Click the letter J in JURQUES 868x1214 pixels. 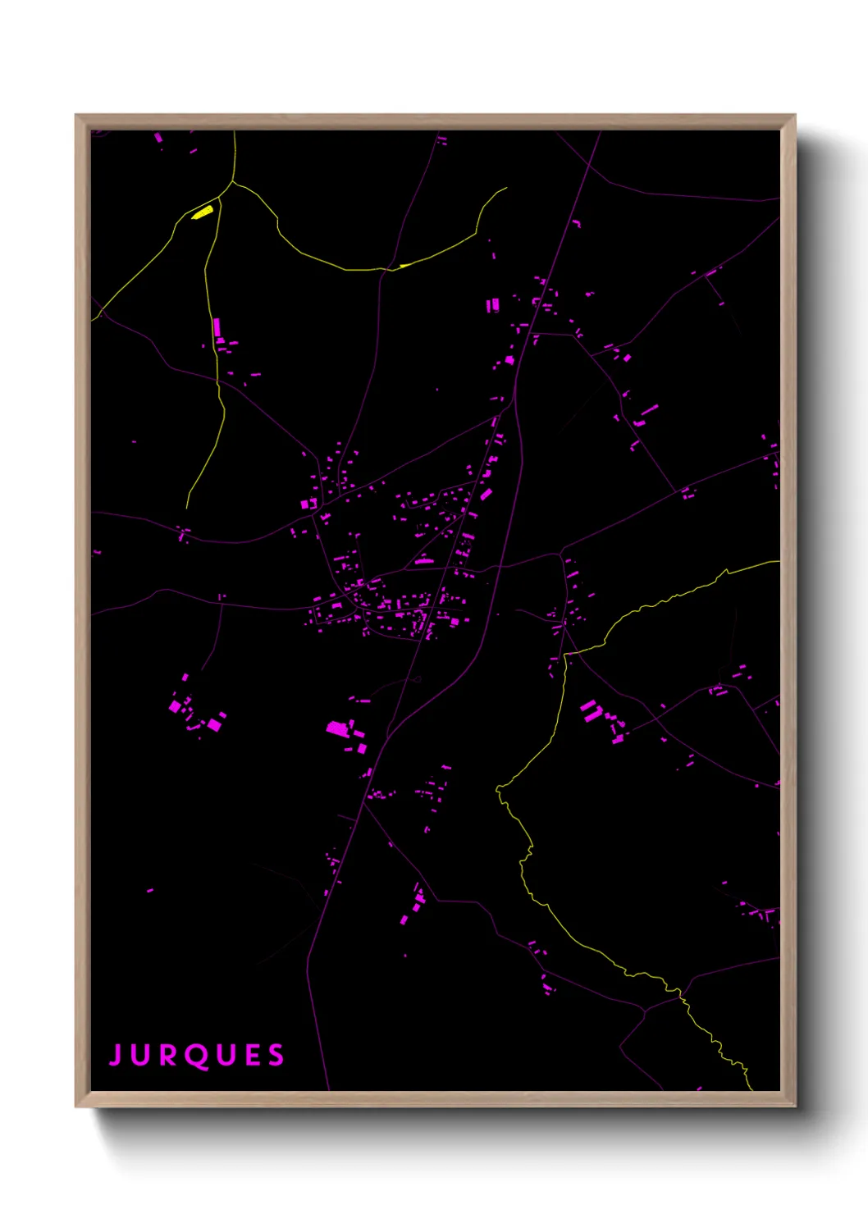click(116, 1055)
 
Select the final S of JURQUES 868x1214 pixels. click(276, 1055)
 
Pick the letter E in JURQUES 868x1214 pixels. click(252, 1055)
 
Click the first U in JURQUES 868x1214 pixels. click(141, 1055)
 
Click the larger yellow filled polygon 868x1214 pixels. click(203, 212)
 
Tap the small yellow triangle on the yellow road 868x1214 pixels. click(404, 265)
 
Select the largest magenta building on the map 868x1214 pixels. click(336, 728)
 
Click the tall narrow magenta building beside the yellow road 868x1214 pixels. click(216, 327)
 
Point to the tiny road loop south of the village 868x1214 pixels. click(418, 679)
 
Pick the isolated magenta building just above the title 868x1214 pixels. click(149, 890)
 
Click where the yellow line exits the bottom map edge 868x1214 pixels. click(750, 1089)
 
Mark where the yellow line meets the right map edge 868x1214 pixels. click(779, 562)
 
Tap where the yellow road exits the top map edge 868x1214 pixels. click(234, 132)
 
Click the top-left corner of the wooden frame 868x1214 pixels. click(76, 116)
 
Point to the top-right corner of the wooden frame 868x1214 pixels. click(795, 116)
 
